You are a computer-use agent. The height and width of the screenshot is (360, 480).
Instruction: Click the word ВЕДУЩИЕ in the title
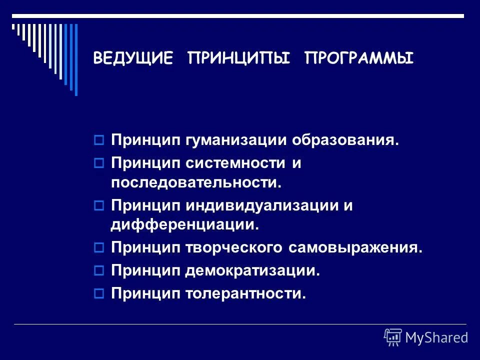click(x=133, y=59)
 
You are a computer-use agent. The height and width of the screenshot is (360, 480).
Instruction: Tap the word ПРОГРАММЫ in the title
click(x=359, y=59)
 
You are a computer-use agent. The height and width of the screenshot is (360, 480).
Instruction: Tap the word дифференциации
click(x=185, y=225)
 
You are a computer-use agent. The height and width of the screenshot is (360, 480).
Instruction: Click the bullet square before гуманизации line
click(x=98, y=140)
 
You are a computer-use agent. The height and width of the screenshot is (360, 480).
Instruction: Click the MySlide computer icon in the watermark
click(x=393, y=337)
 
